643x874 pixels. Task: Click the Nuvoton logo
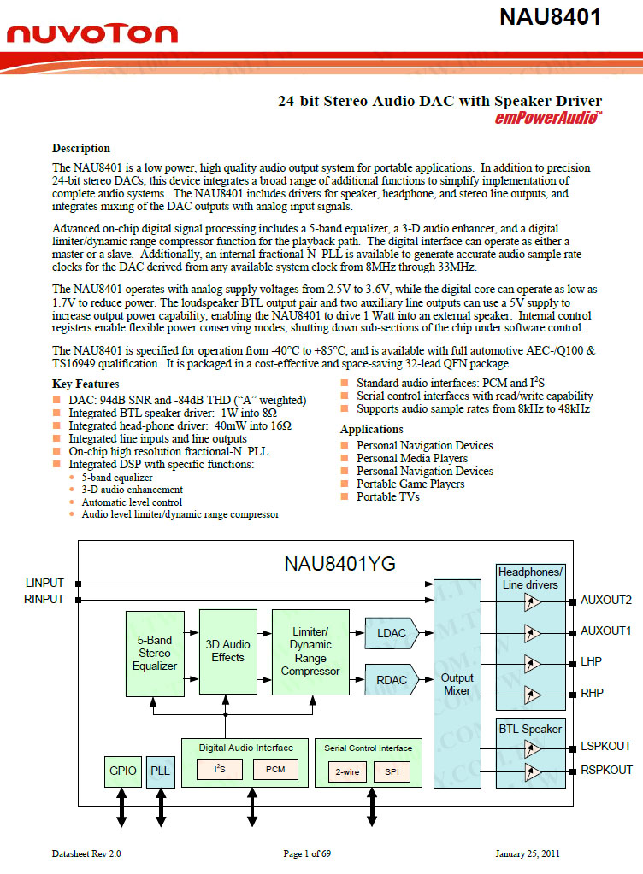pos(92,33)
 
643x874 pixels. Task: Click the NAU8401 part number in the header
pos(550,17)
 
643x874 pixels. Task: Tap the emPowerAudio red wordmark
pos(548,118)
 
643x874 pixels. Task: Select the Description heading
pos(81,149)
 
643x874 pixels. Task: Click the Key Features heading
pos(86,384)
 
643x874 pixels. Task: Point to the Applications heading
pos(372,430)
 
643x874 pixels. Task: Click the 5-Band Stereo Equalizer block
pos(155,653)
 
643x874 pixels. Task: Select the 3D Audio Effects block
pos(227,651)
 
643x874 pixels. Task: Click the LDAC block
pos(391,633)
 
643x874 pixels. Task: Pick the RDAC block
pos(391,680)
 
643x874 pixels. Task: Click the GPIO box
pos(122,771)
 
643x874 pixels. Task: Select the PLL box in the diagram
pos(160,771)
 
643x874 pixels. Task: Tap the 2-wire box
pos(347,771)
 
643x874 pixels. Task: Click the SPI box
pos(392,771)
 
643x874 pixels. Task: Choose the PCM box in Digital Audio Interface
pos(275,769)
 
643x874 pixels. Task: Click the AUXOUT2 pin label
pos(606,600)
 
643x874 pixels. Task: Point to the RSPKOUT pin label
pos(606,770)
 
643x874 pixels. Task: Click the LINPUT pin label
pos(44,584)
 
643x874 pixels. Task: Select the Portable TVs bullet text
pos(388,496)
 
